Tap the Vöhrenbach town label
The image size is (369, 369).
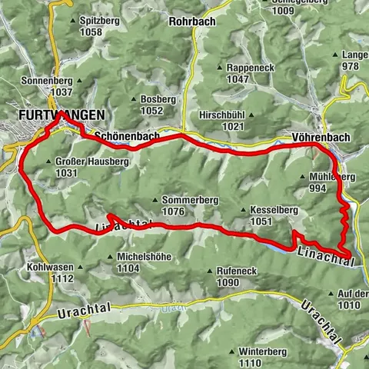(321, 138)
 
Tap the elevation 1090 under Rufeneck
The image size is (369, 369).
(228, 283)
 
